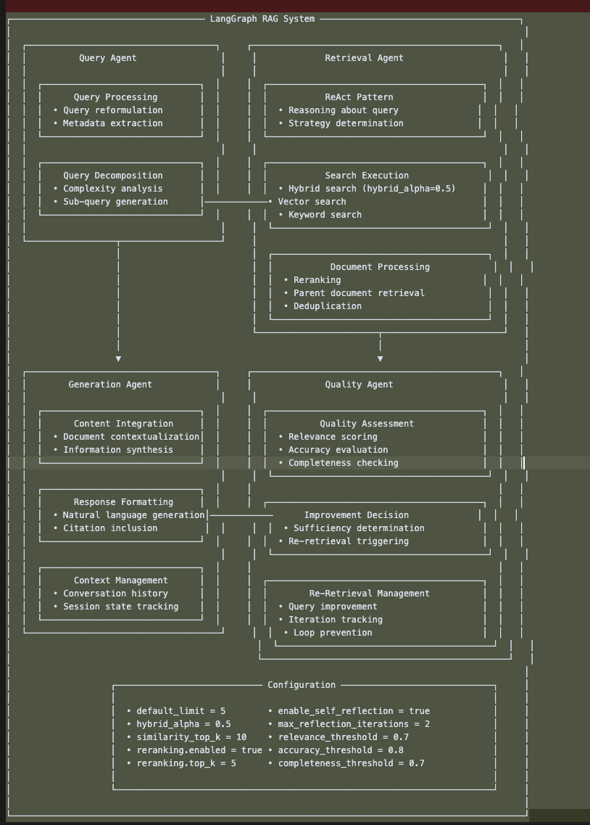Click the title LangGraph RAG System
[x=262, y=19]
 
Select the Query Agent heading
[x=107, y=58]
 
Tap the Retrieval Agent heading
[x=364, y=58]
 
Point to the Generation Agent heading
[x=110, y=385]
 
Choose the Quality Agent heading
[x=359, y=385]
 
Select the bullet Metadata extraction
[x=112, y=123]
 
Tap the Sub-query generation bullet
[x=115, y=202]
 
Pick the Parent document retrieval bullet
[x=359, y=293]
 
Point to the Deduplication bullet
[x=327, y=306]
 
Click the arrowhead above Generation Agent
[x=118, y=358]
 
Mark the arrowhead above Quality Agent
[x=380, y=358]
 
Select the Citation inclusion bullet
[x=109, y=528]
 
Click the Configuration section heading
[x=302, y=685]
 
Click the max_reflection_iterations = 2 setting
[x=354, y=724]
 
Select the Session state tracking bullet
[x=120, y=607]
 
